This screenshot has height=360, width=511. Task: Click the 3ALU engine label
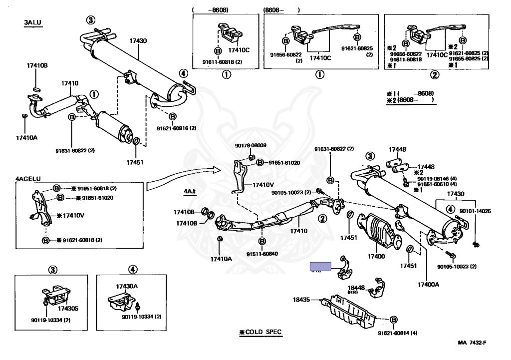click(x=32, y=23)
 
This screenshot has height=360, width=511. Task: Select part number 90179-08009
click(x=251, y=146)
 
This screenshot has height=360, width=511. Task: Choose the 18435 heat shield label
click(x=301, y=300)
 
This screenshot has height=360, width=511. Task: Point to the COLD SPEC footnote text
click(x=261, y=332)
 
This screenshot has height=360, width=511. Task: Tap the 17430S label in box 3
click(x=67, y=308)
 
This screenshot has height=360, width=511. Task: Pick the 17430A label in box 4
click(x=126, y=286)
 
